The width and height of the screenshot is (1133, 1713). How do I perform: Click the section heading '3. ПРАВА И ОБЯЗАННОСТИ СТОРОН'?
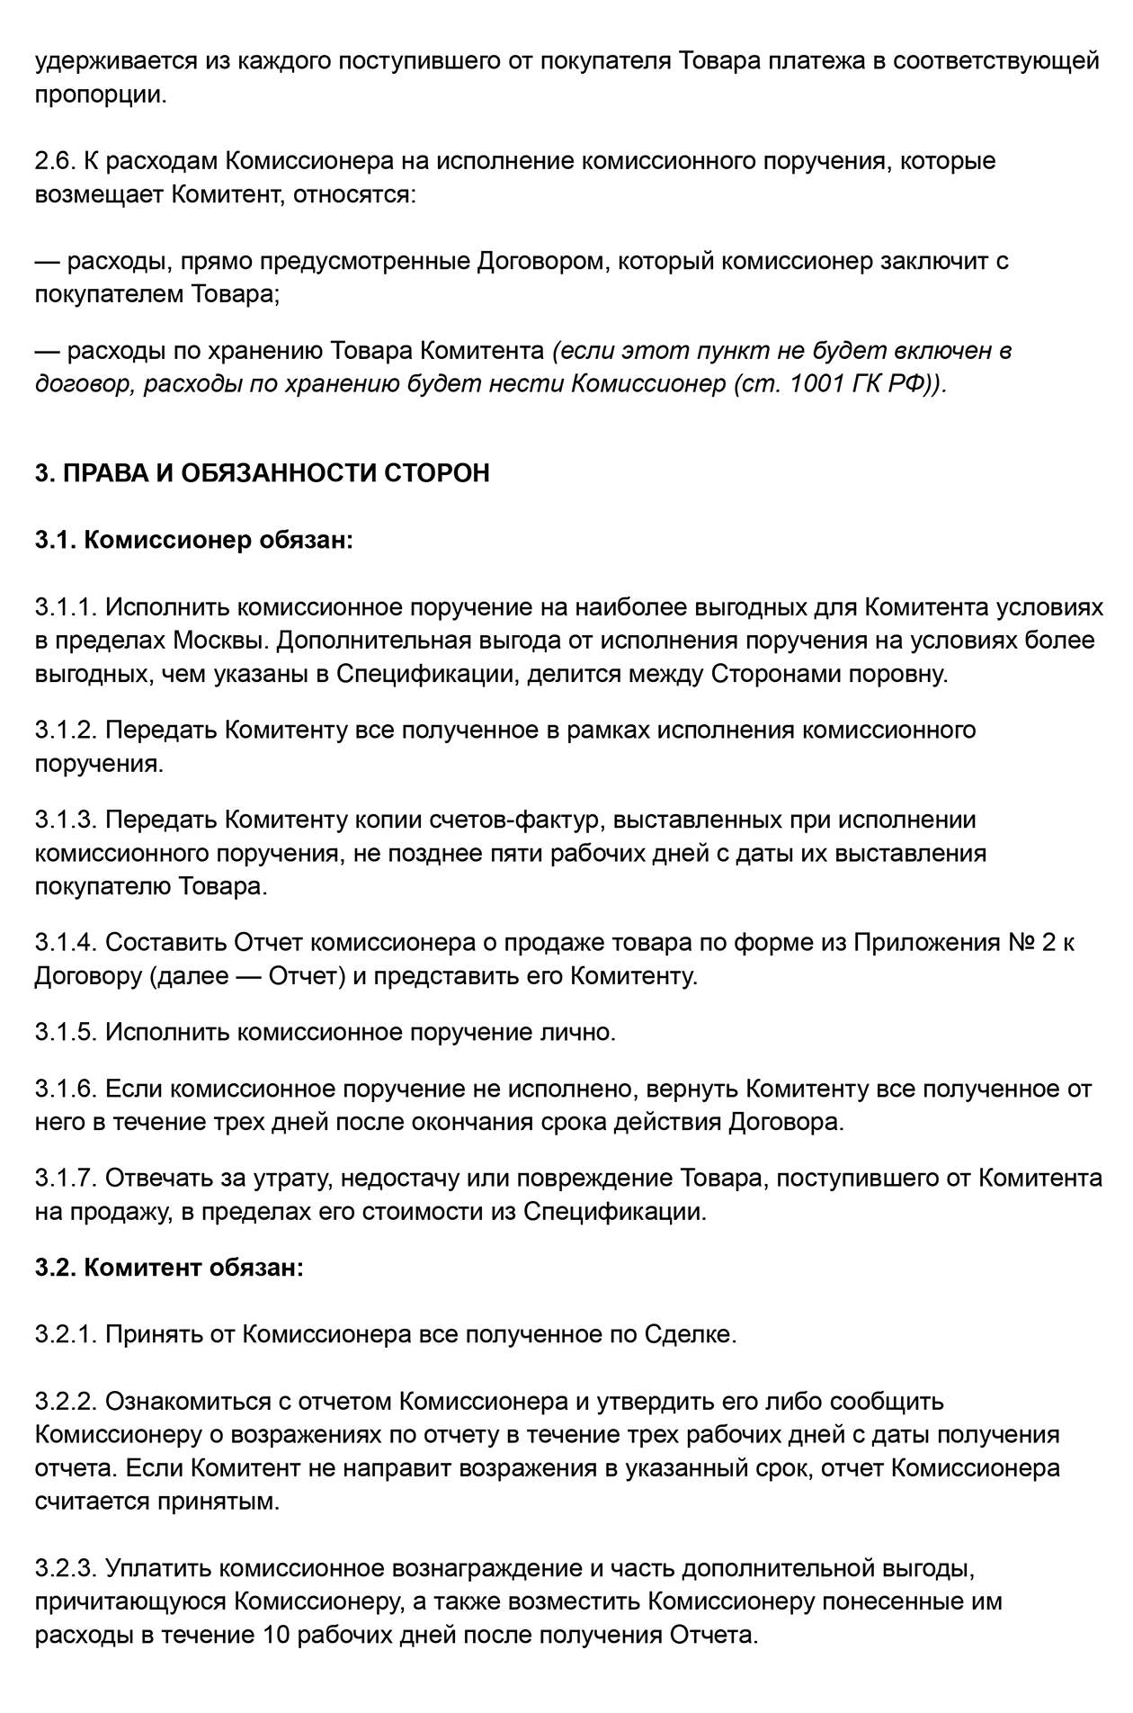[262, 472]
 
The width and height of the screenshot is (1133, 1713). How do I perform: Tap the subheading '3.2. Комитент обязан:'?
[169, 1267]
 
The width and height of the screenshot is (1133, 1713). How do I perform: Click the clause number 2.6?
[56, 161]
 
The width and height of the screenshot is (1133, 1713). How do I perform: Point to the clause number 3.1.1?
[66, 607]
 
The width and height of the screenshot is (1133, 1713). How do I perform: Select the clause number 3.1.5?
[66, 1032]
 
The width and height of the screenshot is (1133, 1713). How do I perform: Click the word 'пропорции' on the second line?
[100, 94]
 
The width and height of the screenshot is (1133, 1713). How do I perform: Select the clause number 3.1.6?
[66, 1090]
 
